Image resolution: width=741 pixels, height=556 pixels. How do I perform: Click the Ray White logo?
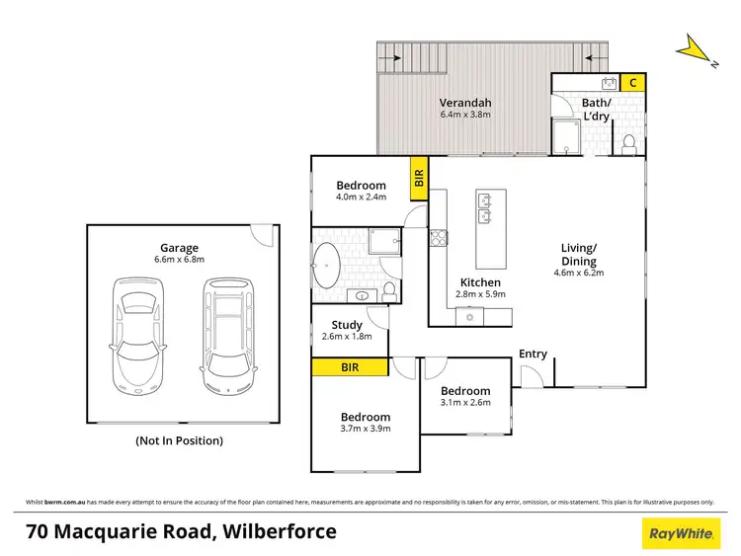coord(681,533)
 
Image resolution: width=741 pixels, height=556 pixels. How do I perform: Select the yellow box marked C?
coord(632,83)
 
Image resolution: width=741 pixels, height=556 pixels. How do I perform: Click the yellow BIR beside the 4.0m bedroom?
coord(419,179)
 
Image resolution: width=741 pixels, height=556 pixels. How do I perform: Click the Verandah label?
coord(465,103)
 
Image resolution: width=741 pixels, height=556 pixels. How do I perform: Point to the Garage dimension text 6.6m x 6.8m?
coord(180,260)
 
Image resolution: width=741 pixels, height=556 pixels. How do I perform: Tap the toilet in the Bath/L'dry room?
coord(628,146)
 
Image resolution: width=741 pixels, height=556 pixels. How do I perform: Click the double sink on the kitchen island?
coord(486,208)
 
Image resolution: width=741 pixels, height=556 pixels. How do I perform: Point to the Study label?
coord(347,325)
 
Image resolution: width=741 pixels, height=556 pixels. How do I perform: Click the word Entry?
coord(533,354)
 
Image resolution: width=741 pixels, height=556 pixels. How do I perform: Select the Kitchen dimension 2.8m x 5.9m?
coord(481,294)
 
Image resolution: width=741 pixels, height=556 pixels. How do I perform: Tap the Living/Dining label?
coord(578,254)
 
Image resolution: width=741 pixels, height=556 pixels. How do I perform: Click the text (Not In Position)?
coord(179,440)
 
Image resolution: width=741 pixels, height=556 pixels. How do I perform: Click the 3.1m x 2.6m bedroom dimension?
coord(465,404)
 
